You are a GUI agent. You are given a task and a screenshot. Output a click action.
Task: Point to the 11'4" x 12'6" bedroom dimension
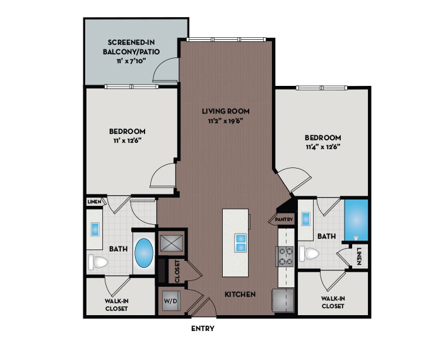(322, 147)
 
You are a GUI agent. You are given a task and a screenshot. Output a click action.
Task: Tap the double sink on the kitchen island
(241, 242)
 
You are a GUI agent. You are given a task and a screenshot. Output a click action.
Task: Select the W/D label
(170, 301)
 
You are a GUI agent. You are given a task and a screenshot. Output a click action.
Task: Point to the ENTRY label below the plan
(203, 328)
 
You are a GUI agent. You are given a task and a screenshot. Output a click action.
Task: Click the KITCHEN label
(240, 294)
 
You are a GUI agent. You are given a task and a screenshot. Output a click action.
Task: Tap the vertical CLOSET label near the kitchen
(177, 272)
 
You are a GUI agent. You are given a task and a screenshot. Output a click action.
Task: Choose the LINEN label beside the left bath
(94, 201)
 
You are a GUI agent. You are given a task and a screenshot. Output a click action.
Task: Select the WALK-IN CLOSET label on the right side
(333, 303)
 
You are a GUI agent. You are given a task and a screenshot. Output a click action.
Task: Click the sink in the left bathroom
(97, 229)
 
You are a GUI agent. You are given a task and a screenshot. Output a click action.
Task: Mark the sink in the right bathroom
(306, 219)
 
